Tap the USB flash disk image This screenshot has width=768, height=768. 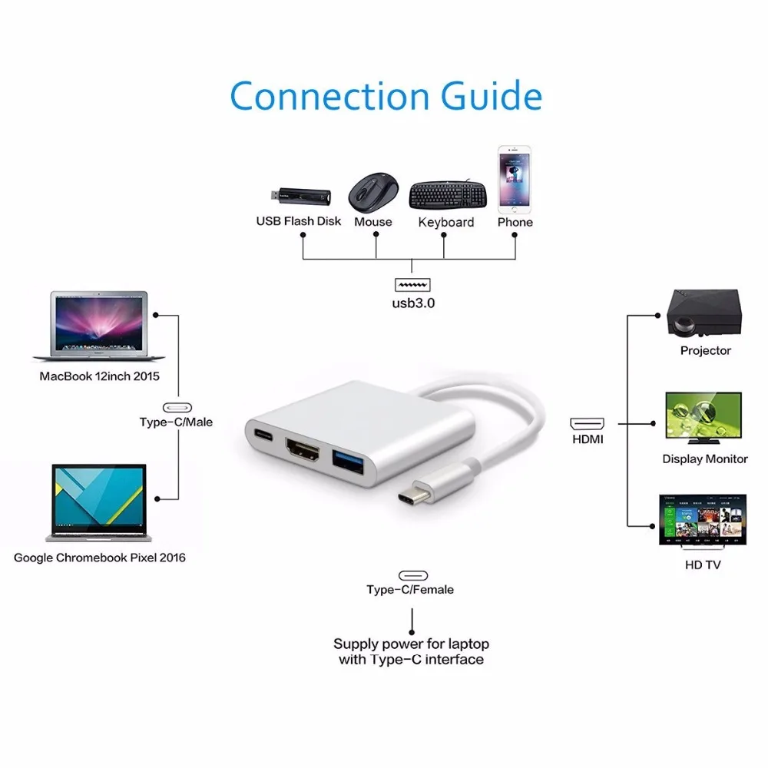pos(299,197)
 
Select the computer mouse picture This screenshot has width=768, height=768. pos(373,190)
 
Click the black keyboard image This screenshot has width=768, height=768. pos(446,195)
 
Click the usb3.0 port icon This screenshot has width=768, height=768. pos(412,285)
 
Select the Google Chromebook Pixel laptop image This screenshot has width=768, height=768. pos(99,503)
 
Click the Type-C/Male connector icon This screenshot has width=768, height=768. pos(177,408)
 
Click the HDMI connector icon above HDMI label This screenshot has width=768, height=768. pos(587,423)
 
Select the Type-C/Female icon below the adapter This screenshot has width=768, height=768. pos(412,575)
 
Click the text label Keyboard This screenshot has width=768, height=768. pos(446,223)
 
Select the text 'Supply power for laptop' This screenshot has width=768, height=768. pos(411,644)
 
